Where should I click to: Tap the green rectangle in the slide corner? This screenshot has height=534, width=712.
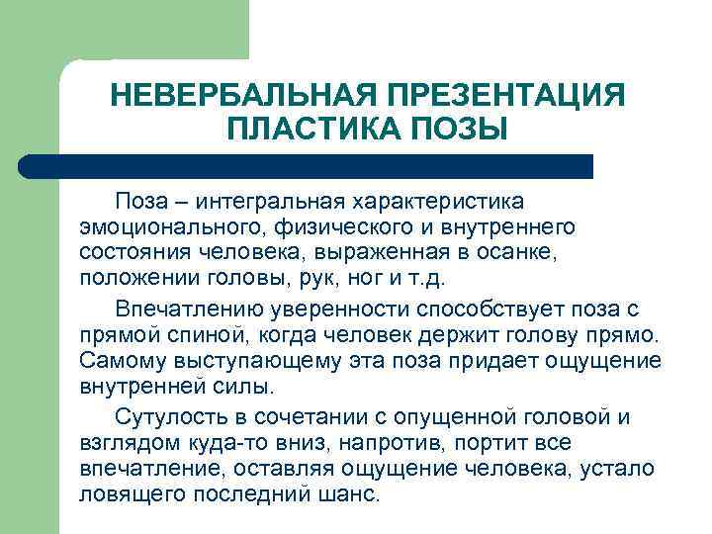pyautogui.click(x=124, y=30)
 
